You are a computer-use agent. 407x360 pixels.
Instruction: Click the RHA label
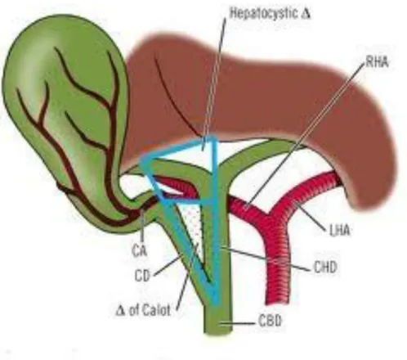click(377, 62)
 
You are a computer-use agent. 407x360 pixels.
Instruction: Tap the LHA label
click(339, 231)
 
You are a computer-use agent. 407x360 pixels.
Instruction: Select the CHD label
click(325, 268)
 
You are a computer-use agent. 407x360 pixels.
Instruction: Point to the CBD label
click(270, 321)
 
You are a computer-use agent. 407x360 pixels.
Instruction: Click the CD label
click(142, 276)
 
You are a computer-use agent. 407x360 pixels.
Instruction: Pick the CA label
click(140, 251)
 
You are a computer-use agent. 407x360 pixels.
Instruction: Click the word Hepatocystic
click(263, 13)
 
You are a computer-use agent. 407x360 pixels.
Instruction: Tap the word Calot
click(156, 310)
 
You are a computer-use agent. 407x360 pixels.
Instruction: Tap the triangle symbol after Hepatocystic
click(306, 14)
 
